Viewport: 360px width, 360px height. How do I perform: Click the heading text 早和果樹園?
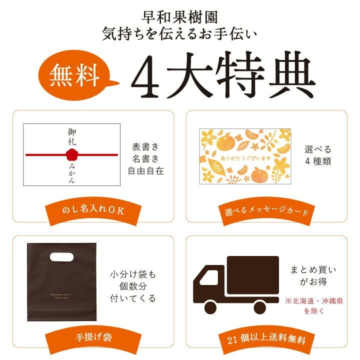tap(179, 17)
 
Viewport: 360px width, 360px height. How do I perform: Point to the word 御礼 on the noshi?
tap(72, 137)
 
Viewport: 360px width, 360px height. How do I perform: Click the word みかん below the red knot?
tap(72, 173)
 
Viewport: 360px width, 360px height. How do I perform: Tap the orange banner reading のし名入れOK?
tap(93, 211)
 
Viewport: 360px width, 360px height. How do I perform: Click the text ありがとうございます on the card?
tap(245, 158)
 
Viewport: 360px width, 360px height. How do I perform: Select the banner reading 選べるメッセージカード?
tap(266, 211)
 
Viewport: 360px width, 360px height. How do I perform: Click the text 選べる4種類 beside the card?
tap(318, 155)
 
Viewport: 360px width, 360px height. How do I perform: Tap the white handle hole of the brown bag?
tap(62, 257)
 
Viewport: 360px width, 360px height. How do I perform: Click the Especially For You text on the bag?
tap(61, 296)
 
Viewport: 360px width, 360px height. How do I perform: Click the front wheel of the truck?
tap(210, 307)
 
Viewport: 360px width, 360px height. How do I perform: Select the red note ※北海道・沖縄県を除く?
tap(314, 306)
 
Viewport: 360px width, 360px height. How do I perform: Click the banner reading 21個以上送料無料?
tap(266, 339)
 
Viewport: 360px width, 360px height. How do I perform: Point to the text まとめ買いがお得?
tap(313, 275)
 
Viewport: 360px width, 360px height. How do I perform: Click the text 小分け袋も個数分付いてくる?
tap(133, 286)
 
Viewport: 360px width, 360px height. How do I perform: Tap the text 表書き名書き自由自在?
tap(146, 159)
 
